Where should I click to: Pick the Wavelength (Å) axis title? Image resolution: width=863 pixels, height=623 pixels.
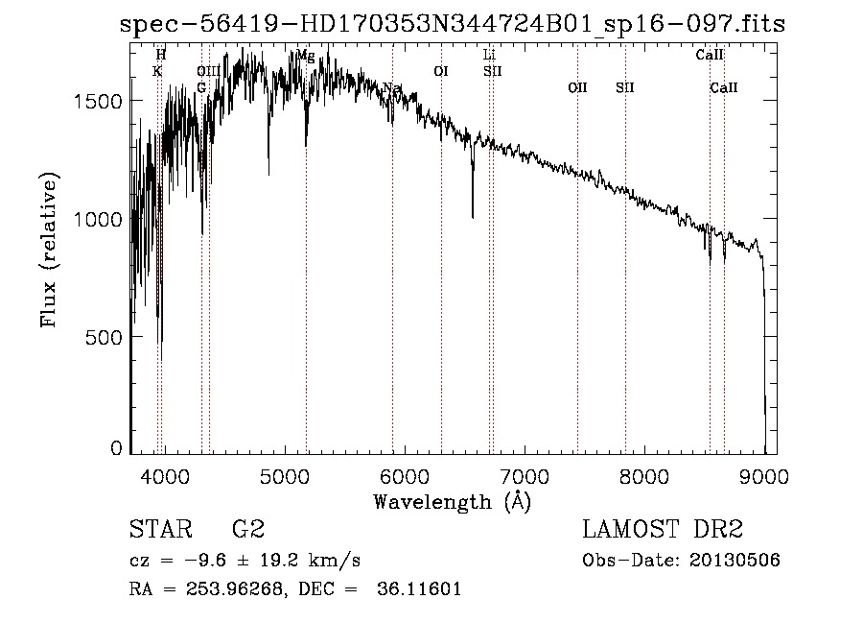452,501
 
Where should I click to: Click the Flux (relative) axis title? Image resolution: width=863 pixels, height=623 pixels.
50,250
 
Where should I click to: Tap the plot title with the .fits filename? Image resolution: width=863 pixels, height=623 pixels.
452,25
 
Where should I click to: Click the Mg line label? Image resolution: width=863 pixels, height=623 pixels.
305,56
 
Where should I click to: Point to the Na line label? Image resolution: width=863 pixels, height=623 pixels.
391,88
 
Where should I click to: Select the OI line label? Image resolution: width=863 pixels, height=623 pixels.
441,71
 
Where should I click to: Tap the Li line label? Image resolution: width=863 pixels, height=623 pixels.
489,56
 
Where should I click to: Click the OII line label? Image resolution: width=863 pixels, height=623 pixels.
577,88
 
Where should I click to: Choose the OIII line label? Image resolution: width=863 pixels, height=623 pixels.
208,71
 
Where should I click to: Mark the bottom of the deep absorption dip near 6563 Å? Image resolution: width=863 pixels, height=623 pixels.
473,217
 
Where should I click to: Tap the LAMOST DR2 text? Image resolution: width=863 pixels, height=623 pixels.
662,530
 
